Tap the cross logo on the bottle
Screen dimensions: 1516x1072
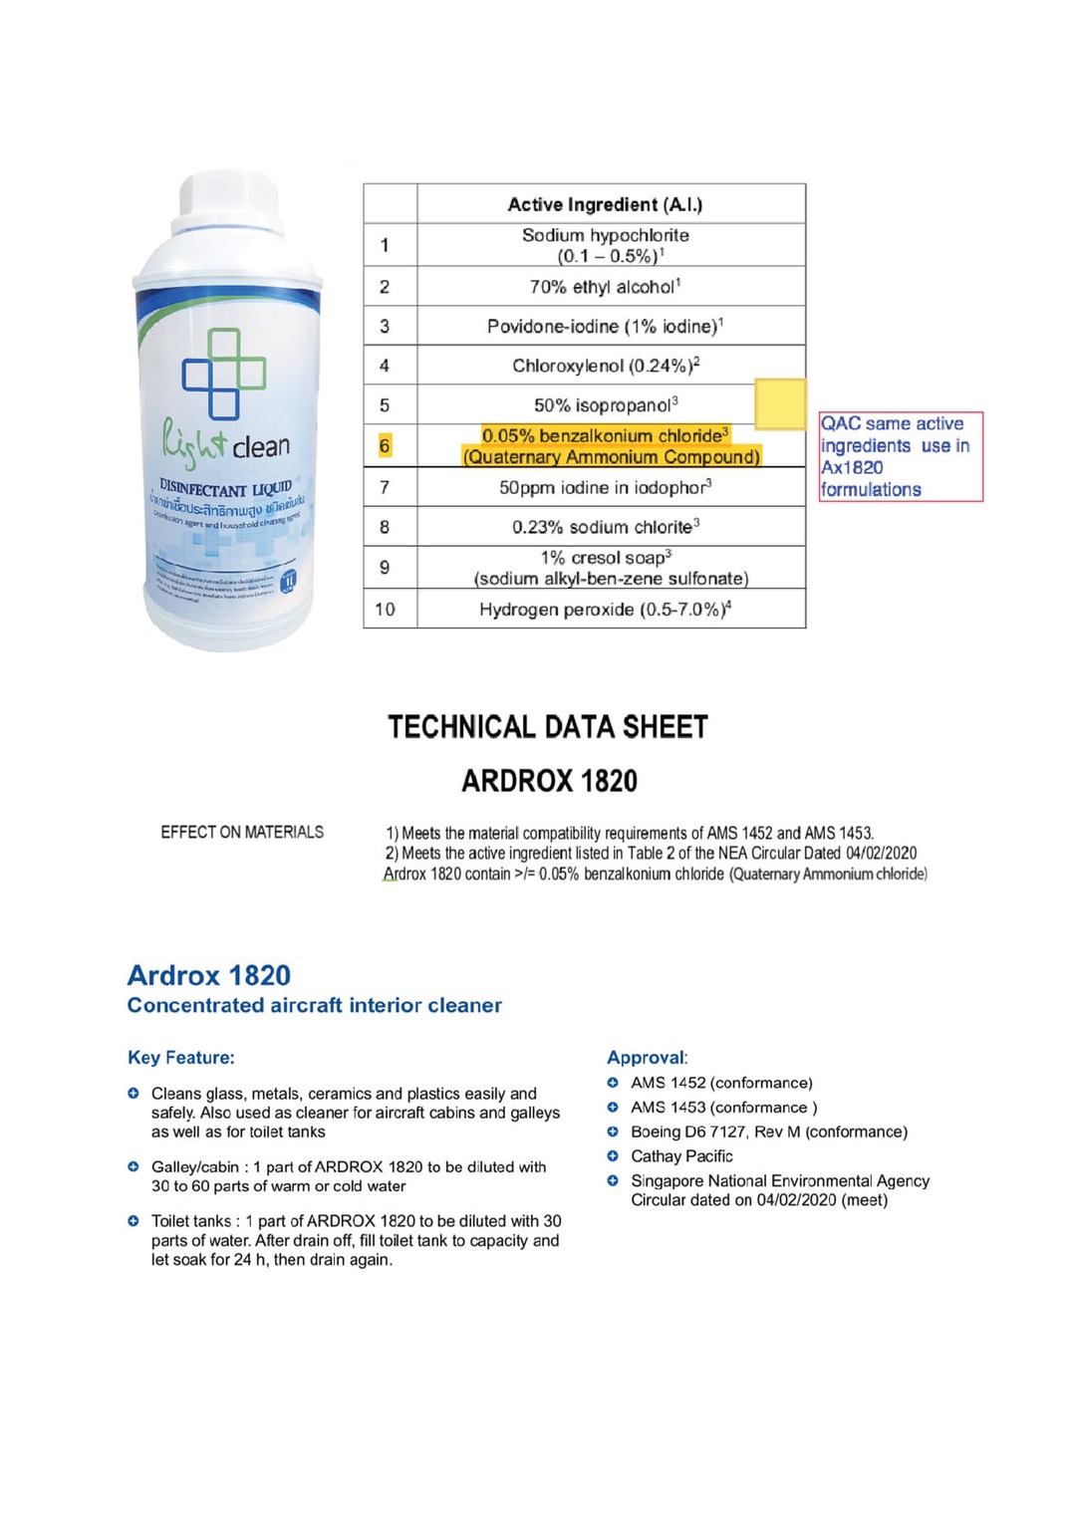[224, 374]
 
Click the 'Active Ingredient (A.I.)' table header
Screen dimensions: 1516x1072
[605, 204]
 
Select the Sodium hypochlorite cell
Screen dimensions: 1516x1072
[605, 245]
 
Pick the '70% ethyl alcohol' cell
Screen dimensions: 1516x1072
[605, 287]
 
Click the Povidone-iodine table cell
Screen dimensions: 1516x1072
[605, 326]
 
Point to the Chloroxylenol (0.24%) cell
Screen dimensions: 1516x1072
[605, 366]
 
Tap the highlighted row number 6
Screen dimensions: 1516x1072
[385, 446]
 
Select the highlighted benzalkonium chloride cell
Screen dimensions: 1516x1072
[610, 446]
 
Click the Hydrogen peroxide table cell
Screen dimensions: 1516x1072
[605, 609]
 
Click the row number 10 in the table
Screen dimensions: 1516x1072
[385, 609]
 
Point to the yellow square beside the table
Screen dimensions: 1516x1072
[780, 403]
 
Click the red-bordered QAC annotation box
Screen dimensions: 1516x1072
[900, 456]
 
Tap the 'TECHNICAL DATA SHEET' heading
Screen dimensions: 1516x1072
[548, 727]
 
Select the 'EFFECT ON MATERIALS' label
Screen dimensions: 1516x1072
[242, 832]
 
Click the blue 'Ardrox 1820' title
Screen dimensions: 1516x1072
[209, 975]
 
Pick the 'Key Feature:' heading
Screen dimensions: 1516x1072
[181, 1057]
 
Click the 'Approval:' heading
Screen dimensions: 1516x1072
[648, 1057]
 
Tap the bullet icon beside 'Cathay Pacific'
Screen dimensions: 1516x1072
[613, 1155]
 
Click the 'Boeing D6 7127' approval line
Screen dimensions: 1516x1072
[768, 1132]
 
